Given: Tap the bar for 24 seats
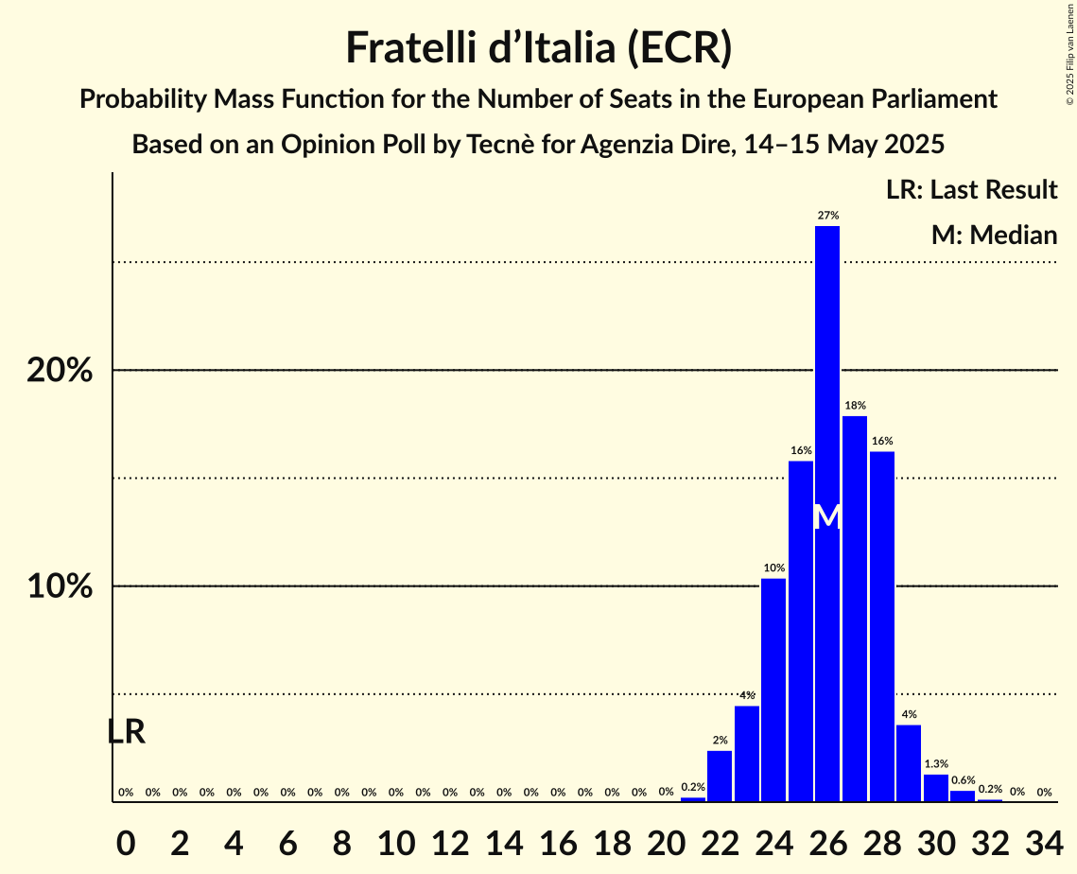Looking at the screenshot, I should point(773,690).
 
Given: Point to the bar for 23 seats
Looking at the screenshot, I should point(747,753).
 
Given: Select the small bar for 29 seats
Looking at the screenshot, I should point(909,762).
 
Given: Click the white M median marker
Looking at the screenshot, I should point(827,516).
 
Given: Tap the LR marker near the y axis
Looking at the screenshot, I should point(126,731).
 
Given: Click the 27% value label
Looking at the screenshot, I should point(827,216).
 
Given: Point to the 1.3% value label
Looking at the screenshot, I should point(936,763).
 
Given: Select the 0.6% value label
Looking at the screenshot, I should point(963,780).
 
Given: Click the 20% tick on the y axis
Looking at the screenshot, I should point(60,371).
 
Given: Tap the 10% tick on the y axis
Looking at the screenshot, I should point(60,586).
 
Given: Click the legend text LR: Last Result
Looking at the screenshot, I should point(971,190).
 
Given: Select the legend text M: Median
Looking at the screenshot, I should point(994,235).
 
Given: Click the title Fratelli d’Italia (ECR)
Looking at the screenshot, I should point(538,47).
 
